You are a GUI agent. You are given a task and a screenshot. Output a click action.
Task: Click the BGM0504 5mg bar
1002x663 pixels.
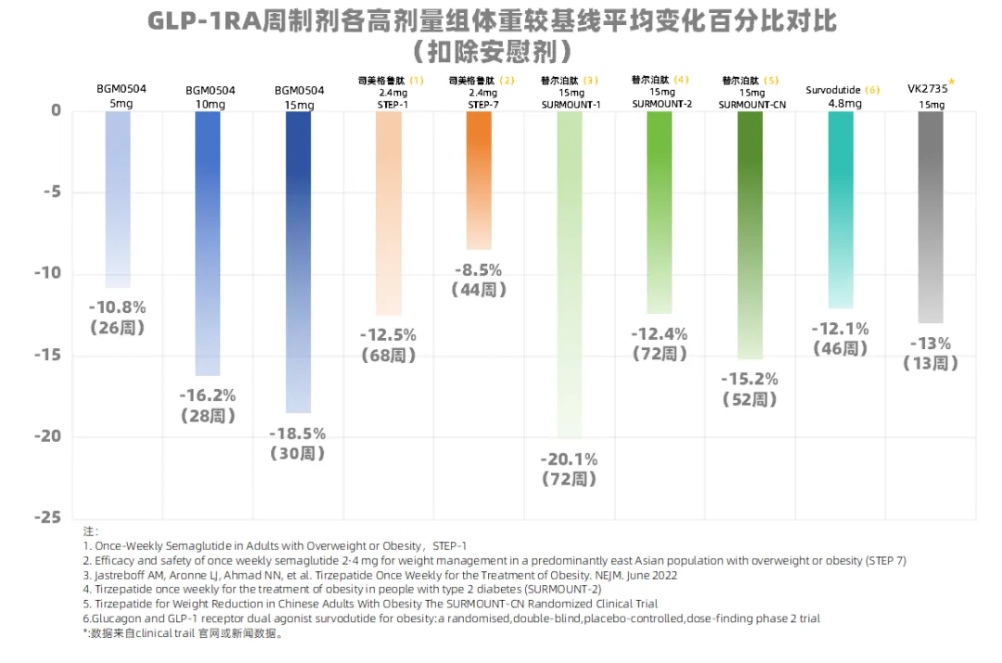tap(118, 199)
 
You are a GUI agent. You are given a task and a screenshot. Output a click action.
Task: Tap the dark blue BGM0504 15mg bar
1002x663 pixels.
tap(298, 261)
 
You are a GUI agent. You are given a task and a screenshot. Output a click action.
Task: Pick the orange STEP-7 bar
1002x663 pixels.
tap(479, 180)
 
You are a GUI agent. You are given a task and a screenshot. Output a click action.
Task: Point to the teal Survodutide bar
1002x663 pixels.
tap(841, 209)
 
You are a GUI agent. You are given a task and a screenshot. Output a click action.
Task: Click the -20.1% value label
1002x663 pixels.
tap(570, 459)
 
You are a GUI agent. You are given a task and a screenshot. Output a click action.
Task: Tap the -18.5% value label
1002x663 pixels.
tap(298, 434)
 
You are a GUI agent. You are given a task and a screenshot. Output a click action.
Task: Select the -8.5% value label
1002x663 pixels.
tap(479, 270)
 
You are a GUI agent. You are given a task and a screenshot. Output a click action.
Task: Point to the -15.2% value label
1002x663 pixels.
tap(751, 379)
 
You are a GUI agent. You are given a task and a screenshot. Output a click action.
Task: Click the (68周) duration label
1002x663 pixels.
tap(389, 356)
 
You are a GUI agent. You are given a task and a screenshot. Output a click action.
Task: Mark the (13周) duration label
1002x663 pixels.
tap(931, 364)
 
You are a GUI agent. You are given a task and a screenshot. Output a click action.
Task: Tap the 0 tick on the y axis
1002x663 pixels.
tap(57, 110)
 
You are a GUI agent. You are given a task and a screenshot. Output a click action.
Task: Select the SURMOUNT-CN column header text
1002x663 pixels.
tap(751, 105)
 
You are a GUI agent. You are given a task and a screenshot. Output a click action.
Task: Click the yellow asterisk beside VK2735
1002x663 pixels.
tap(952, 83)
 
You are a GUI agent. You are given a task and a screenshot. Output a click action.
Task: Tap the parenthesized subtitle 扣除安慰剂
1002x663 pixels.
tap(492, 49)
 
